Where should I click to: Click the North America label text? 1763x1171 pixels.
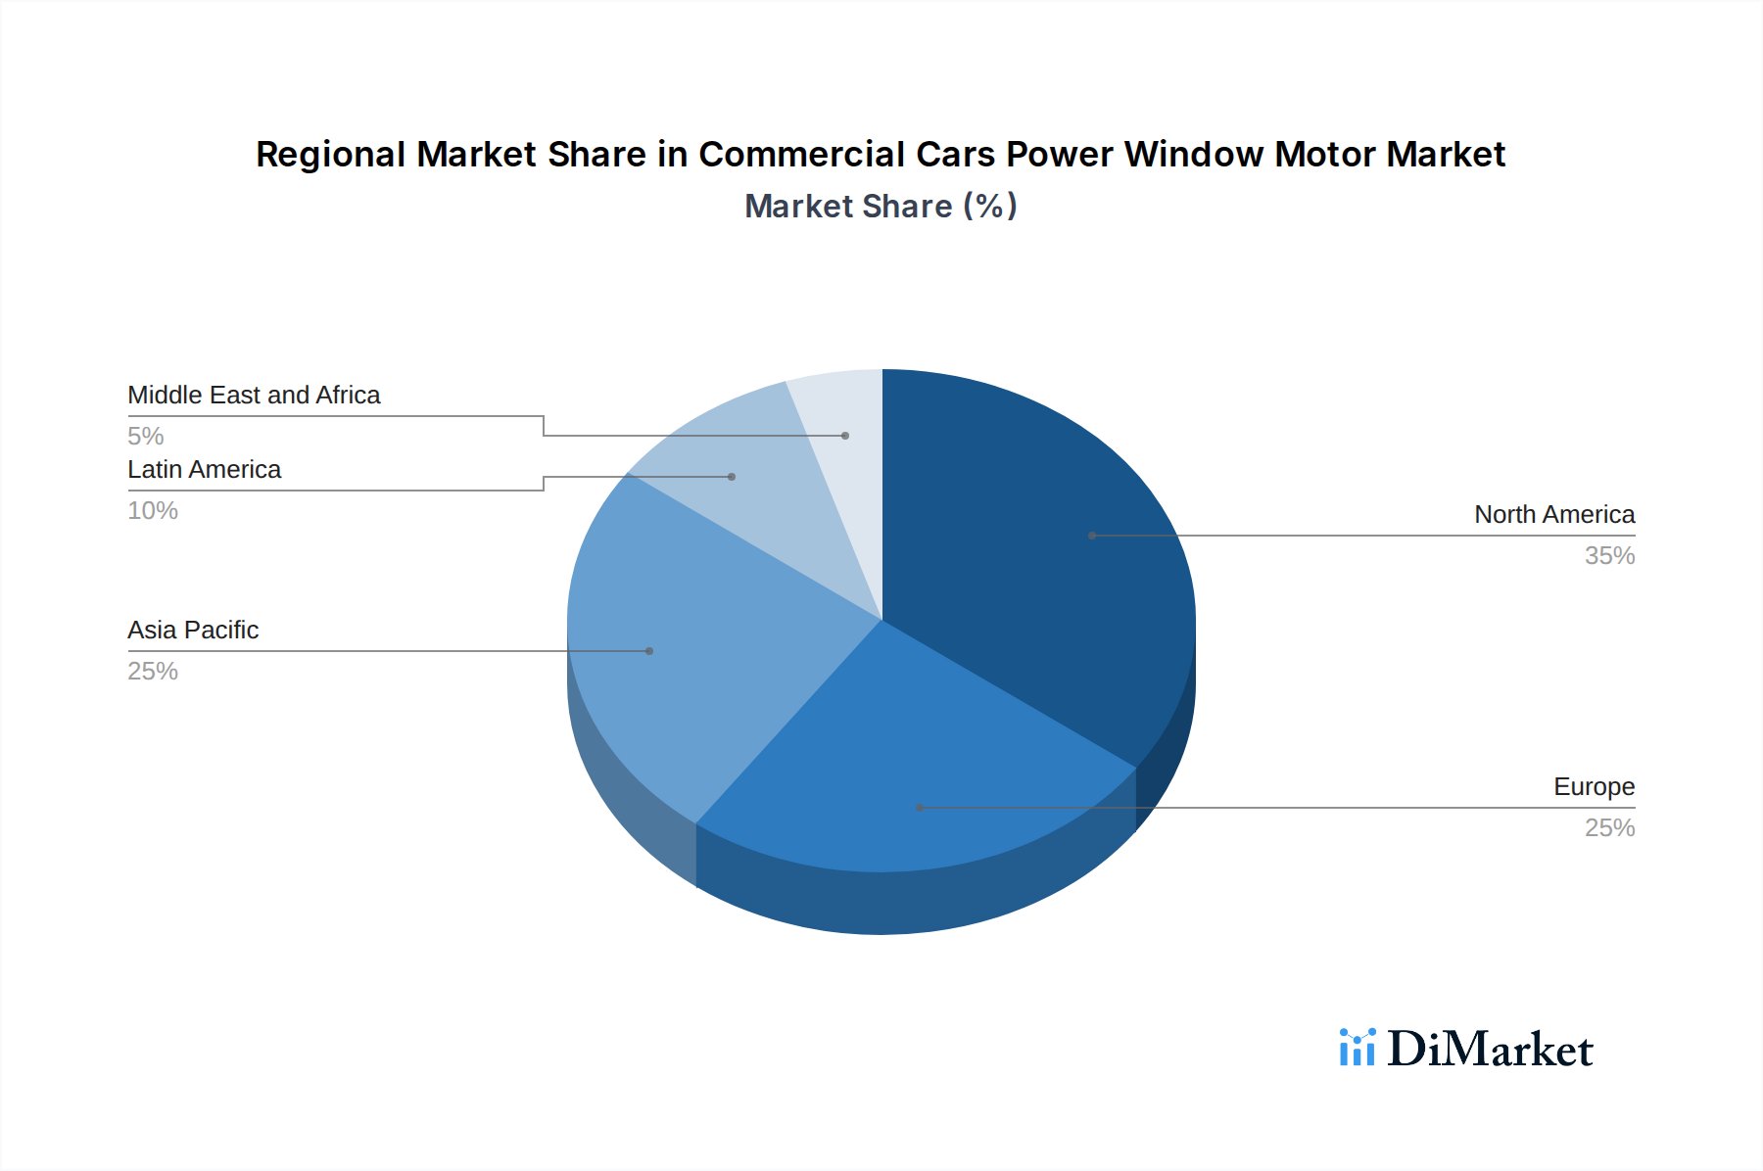(x=1554, y=514)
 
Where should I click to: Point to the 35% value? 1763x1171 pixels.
(x=1609, y=555)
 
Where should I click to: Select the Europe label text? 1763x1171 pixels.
(x=1594, y=786)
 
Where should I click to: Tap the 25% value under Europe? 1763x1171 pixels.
(x=1609, y=827)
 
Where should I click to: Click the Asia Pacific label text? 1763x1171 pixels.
(x=193, y=630)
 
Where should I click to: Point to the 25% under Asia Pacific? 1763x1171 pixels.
(x=153, y=671)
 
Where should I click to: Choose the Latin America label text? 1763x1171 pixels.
(x=204, y=469)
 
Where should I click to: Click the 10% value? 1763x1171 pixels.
(x=153, y=510)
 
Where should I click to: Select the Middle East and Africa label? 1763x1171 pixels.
(x=254, y=395)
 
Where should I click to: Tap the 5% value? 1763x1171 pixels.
(x=145, y=436)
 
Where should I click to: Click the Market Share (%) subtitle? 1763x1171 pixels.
(x=881, y=206)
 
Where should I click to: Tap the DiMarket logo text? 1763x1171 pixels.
(x=1490, y=1049)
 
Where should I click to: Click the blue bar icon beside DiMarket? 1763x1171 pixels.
(x=1357, y=1048)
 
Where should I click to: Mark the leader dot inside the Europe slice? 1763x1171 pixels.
(x=920, y=808)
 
